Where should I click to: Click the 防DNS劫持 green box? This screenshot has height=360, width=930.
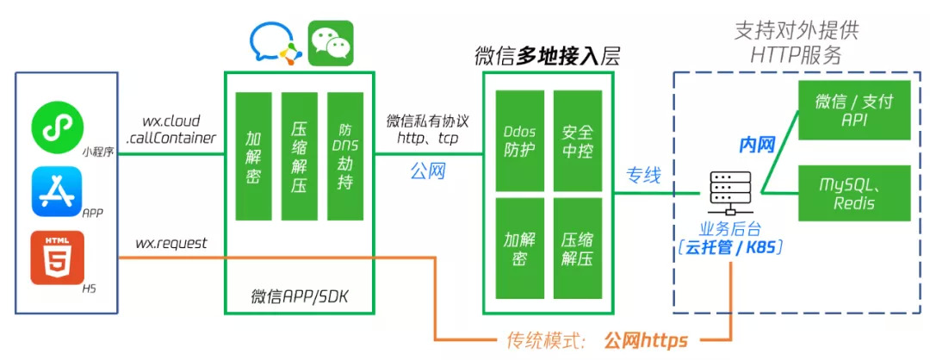pos(344,156)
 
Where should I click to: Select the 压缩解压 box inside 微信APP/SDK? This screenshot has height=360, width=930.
pos(300,156)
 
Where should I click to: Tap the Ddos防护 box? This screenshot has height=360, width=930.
pos(519,140)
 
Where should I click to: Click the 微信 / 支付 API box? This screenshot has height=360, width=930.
pos(853,110)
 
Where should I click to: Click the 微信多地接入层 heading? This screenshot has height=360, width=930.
pos(548,56)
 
